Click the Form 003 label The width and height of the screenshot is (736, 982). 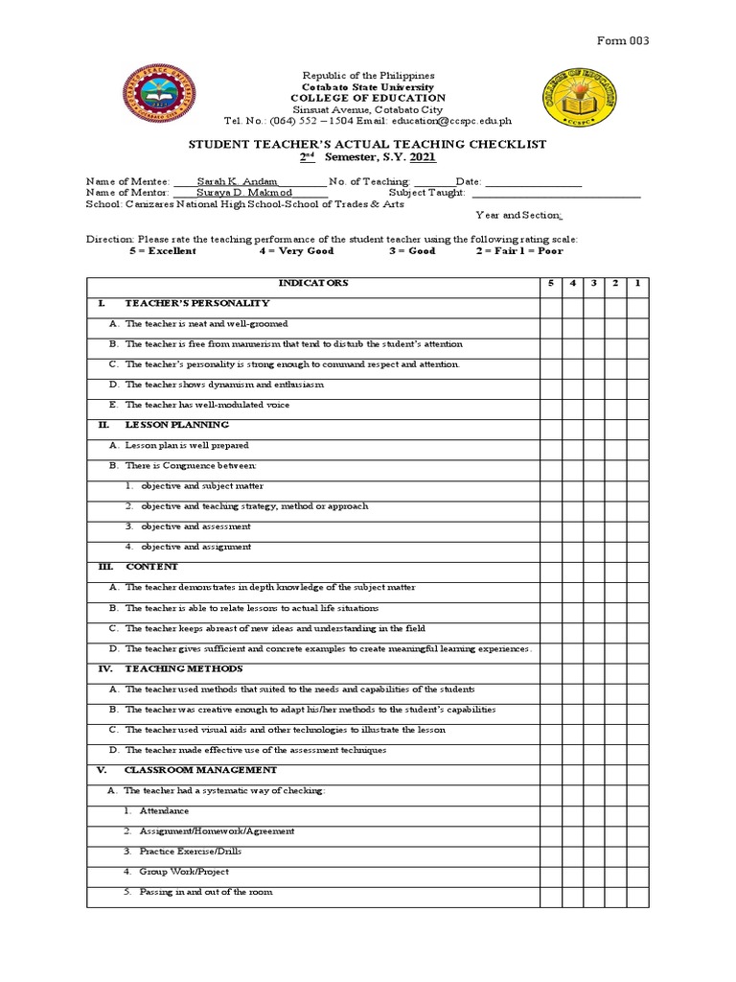[624, 40]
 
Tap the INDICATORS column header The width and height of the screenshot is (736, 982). [312, 283]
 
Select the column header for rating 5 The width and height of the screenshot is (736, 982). [550, 283]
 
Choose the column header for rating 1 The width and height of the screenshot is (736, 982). [639, 283]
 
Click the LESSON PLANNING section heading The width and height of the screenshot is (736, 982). [176, 425]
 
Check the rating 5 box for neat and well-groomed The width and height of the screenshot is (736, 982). [550, 324]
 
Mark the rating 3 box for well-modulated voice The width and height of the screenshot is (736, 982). [594, 405]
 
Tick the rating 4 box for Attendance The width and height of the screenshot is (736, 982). [572, 811]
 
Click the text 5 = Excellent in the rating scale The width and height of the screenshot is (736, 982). [162, 250]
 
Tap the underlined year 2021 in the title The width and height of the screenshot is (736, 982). [423, 157]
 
